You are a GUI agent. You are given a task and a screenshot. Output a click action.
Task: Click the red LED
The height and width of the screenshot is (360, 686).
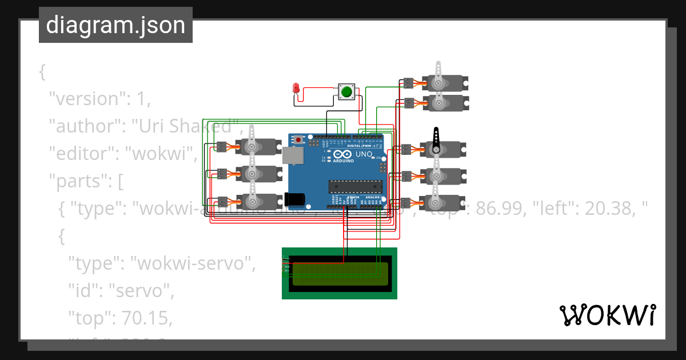(x=296, y=89)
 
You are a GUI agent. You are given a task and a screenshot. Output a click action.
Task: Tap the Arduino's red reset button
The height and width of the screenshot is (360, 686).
(x=298, y=139)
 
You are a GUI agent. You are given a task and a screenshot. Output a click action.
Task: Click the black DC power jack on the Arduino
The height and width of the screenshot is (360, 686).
(x=294, y=199)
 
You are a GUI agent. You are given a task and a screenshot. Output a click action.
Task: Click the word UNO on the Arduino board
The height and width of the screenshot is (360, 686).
(x=364, y=155)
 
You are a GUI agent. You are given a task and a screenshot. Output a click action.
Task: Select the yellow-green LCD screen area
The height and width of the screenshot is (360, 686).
(x=340, y=274)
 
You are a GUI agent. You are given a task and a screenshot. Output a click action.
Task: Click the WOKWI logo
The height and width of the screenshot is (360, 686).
(x=607, y=315)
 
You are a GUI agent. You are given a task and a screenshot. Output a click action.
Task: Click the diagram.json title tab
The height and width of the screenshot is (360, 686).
(x=115, y=25)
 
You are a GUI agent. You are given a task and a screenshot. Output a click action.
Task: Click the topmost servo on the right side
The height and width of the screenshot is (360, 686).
(x=445, y=83)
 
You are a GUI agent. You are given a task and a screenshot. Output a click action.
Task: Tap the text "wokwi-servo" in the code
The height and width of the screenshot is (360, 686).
(x=192, y=263)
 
